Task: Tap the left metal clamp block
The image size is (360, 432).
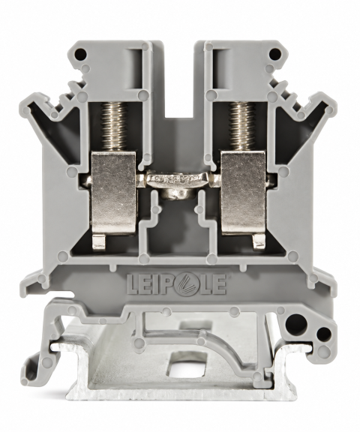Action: point(113,193)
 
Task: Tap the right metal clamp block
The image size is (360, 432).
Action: point(244,193)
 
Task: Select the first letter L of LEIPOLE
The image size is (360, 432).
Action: point(133,284)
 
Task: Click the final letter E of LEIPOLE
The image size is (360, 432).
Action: point(219,284)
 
